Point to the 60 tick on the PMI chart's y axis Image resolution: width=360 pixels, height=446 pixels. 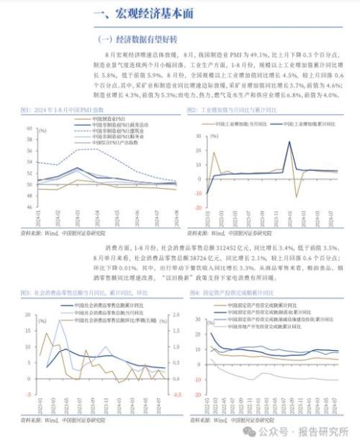tap(29, 127)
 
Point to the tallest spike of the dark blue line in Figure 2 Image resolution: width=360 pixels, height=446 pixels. tap(289, 142)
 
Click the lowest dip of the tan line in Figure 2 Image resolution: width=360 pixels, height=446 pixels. tap(298, 196)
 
